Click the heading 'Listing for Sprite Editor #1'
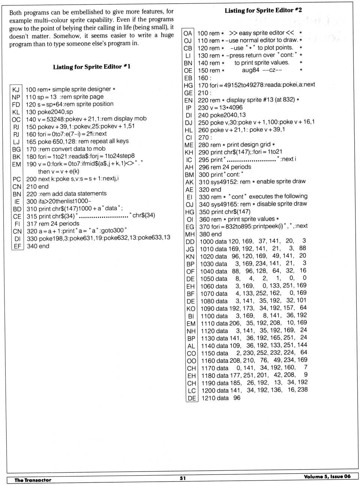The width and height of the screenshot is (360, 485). [x=91, y=67]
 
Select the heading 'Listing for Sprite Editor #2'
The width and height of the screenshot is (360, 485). [x=263, y=11]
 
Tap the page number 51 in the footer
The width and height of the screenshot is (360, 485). [x=183, y=478]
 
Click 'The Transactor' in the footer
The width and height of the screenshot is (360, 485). [x=33, y=480]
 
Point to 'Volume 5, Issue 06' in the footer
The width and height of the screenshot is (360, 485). [x=327, y=476]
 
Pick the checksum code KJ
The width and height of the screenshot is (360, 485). [x=16, y=90]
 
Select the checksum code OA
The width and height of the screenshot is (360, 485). [x=188, y=33]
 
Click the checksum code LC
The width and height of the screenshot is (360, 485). [x=192, y=390]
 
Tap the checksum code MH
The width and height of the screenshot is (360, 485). [x=190, y=234]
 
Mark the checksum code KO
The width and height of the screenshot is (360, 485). [x=191, y=309]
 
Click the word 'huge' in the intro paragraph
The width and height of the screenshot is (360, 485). [x=167, y=35]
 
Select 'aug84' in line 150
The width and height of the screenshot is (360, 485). [x=250, y=70]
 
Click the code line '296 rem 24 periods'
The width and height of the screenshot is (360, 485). [x=225, y=167]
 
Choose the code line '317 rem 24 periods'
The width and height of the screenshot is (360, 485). [x=53, y=224]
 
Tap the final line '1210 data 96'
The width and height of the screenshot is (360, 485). [x=221, y=398]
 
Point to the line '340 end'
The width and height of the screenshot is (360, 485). [x=38, y=246]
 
